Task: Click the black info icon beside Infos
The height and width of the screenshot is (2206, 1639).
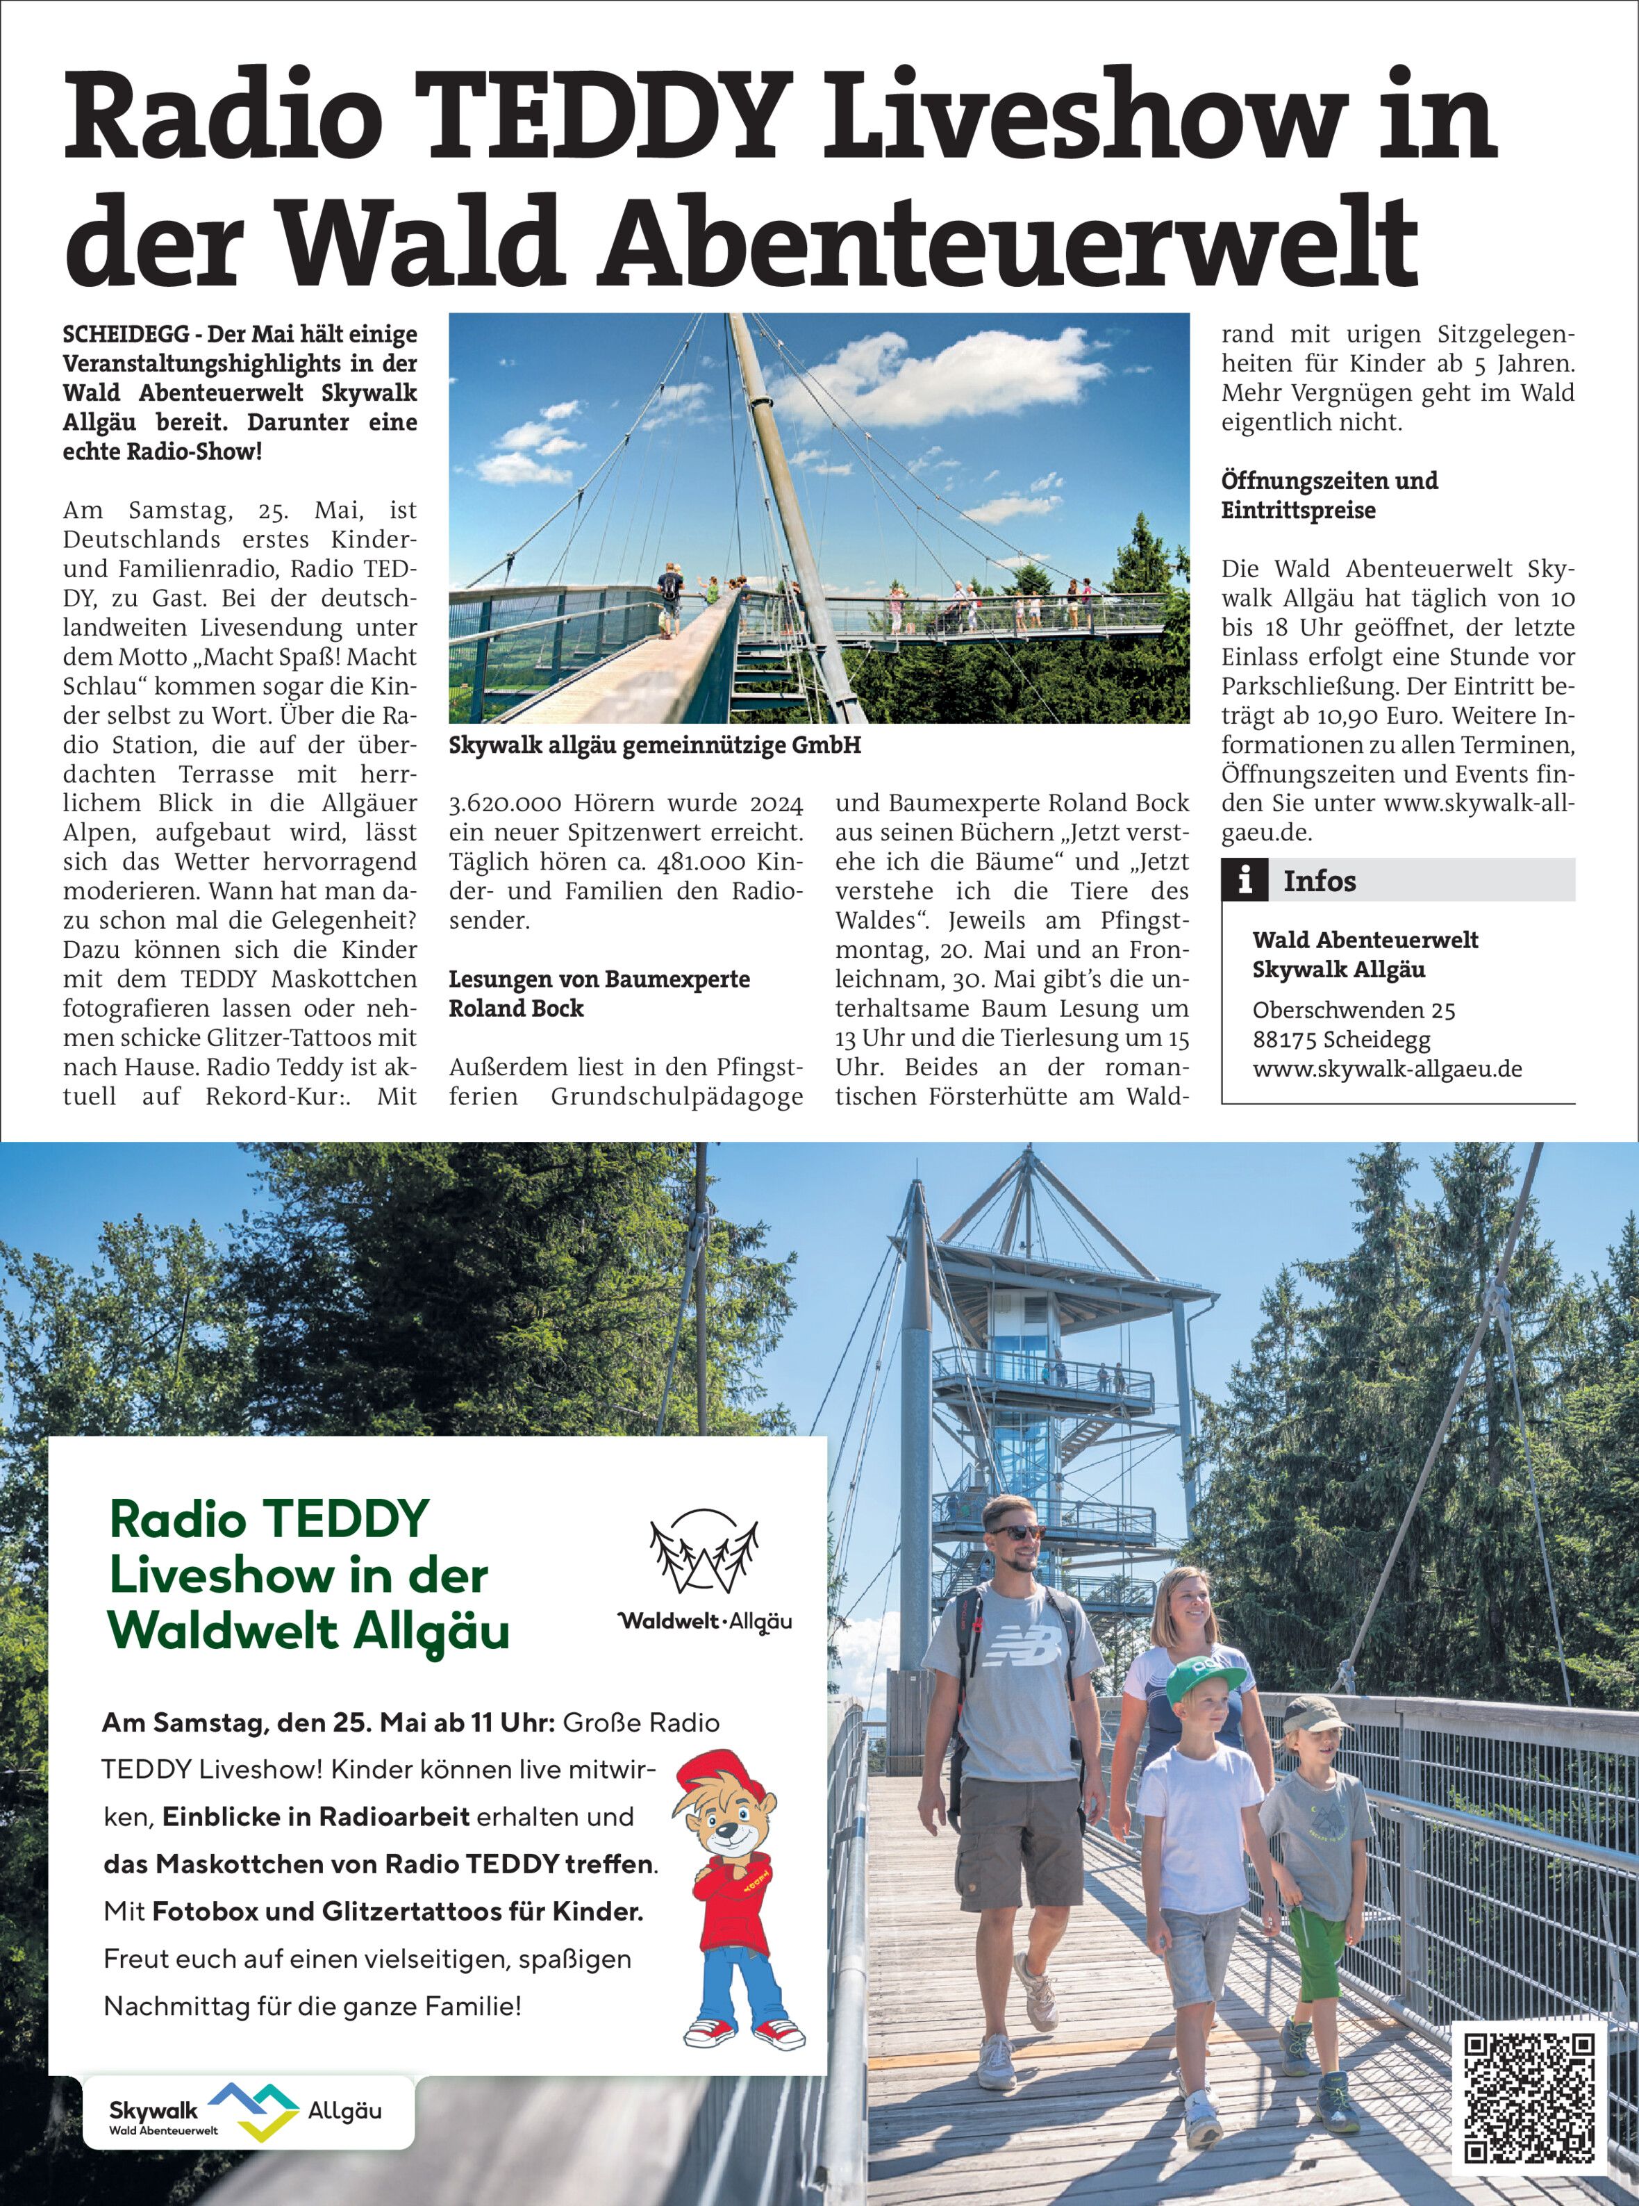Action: pos(1245,880)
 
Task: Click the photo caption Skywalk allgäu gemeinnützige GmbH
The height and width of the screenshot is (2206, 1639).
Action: pos(655,745)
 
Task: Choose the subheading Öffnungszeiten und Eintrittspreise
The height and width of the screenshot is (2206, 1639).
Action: pos(1329,495)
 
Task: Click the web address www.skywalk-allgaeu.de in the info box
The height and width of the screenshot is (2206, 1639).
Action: pos(1386,1069)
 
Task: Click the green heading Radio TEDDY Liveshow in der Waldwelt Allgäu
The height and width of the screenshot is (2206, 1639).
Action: pos(308,1575)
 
